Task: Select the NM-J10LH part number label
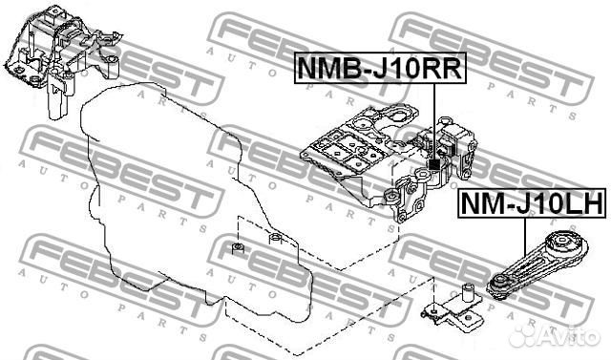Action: point(530,203)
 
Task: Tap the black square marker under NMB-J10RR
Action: point(434,165)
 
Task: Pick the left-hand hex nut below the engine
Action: point(237,251)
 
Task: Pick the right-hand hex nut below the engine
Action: point(274,240)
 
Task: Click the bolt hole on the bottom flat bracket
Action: point(435,307)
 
